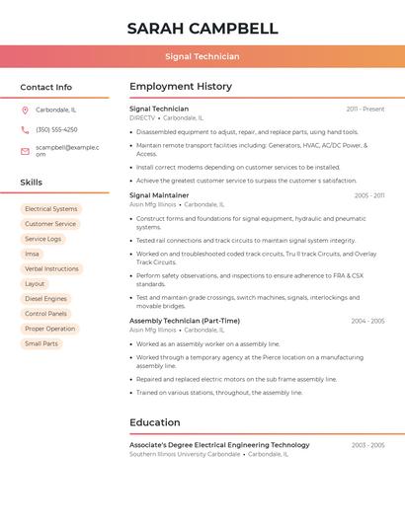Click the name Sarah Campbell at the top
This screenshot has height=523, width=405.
coord(202,28)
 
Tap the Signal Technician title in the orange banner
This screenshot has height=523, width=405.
coord(202,56)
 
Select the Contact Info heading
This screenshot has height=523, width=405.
coord(46,87)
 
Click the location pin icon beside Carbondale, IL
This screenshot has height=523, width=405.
coord(26,110)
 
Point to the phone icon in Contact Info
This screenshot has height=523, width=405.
coord(26,129)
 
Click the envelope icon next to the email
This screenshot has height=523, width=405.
coord(26,150)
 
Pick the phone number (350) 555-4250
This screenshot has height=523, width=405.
coord(56,129)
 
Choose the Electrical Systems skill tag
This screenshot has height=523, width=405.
coord(50,209)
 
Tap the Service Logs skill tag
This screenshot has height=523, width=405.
coord(42,239)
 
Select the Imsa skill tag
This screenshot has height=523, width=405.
coord(33,254)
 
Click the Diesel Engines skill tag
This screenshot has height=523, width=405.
coord(45,298)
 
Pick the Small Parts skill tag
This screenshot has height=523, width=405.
coord(41,343)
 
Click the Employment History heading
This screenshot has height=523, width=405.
coord(181,87)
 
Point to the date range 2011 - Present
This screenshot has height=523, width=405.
coord(365,109)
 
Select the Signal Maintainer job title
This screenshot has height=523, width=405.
coord(159,195)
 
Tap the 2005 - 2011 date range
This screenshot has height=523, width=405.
coord(369,195)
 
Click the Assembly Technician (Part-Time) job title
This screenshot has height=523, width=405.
coord(185,321)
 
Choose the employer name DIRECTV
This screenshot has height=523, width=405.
coord(142,117)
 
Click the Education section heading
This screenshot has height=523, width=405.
coord(155,422)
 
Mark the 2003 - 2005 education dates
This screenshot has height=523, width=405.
coord(367,445)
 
